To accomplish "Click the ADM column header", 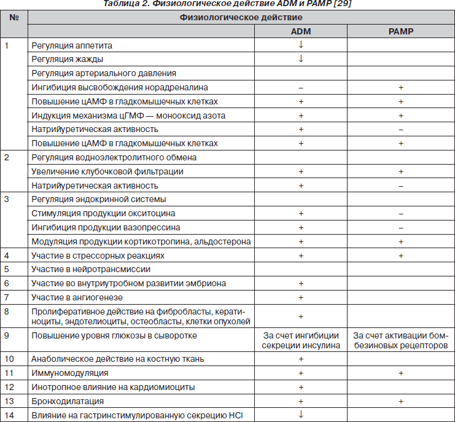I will (x=301, y=31).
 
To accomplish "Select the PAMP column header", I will (x=401, y=31).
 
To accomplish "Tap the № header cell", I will (x=14, y=17).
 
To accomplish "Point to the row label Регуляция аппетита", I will (x=72, y=45).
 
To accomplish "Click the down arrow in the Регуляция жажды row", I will (x=301, y=59).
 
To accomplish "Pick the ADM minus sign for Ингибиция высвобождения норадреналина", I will (x=301, y=87).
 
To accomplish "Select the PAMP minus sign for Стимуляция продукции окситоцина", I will (x=401, y=213).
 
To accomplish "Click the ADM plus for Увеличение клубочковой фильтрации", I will (x=301, y=171).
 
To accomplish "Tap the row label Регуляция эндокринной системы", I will (x=98, y=199).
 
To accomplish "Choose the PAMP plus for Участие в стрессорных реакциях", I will (x=401, y=255).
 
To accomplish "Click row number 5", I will (x=7, y=269).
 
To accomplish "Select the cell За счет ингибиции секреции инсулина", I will (x=301, y=340).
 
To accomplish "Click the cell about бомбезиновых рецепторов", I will (x=401, y=340).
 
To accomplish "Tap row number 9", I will (x=7, y=335).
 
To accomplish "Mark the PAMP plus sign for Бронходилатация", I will (x=401, y=401).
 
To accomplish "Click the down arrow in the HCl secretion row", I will (x=301, y=414).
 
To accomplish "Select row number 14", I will (x=9, y=415).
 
